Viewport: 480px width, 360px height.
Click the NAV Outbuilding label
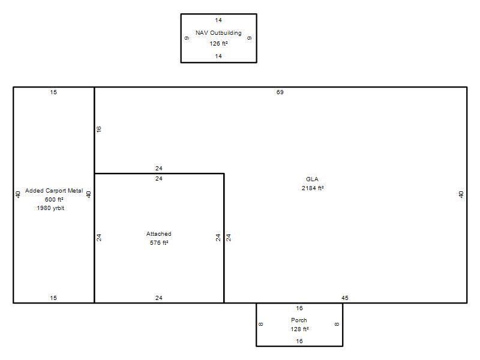218,33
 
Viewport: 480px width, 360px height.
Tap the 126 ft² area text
218,43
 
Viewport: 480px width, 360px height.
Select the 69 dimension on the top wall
280,92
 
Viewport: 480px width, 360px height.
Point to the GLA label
312,179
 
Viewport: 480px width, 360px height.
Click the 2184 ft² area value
313,188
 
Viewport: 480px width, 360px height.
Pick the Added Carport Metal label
54,190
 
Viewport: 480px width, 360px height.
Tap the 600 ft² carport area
54,200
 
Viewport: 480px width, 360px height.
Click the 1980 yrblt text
50,208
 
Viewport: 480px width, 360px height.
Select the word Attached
158,234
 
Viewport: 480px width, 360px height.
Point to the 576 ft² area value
159,243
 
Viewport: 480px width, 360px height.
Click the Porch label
299,320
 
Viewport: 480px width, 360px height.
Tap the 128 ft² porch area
299,329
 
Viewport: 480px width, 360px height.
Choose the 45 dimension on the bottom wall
344,298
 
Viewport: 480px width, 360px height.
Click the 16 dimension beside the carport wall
98,129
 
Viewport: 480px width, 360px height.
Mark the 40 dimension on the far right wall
461,194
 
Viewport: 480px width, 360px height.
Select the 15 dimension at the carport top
53,92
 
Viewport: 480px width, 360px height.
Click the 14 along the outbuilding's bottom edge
218,56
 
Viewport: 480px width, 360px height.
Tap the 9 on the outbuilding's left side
187,38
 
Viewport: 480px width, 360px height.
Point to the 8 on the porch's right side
337,325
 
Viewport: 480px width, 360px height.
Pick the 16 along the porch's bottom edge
299,341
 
